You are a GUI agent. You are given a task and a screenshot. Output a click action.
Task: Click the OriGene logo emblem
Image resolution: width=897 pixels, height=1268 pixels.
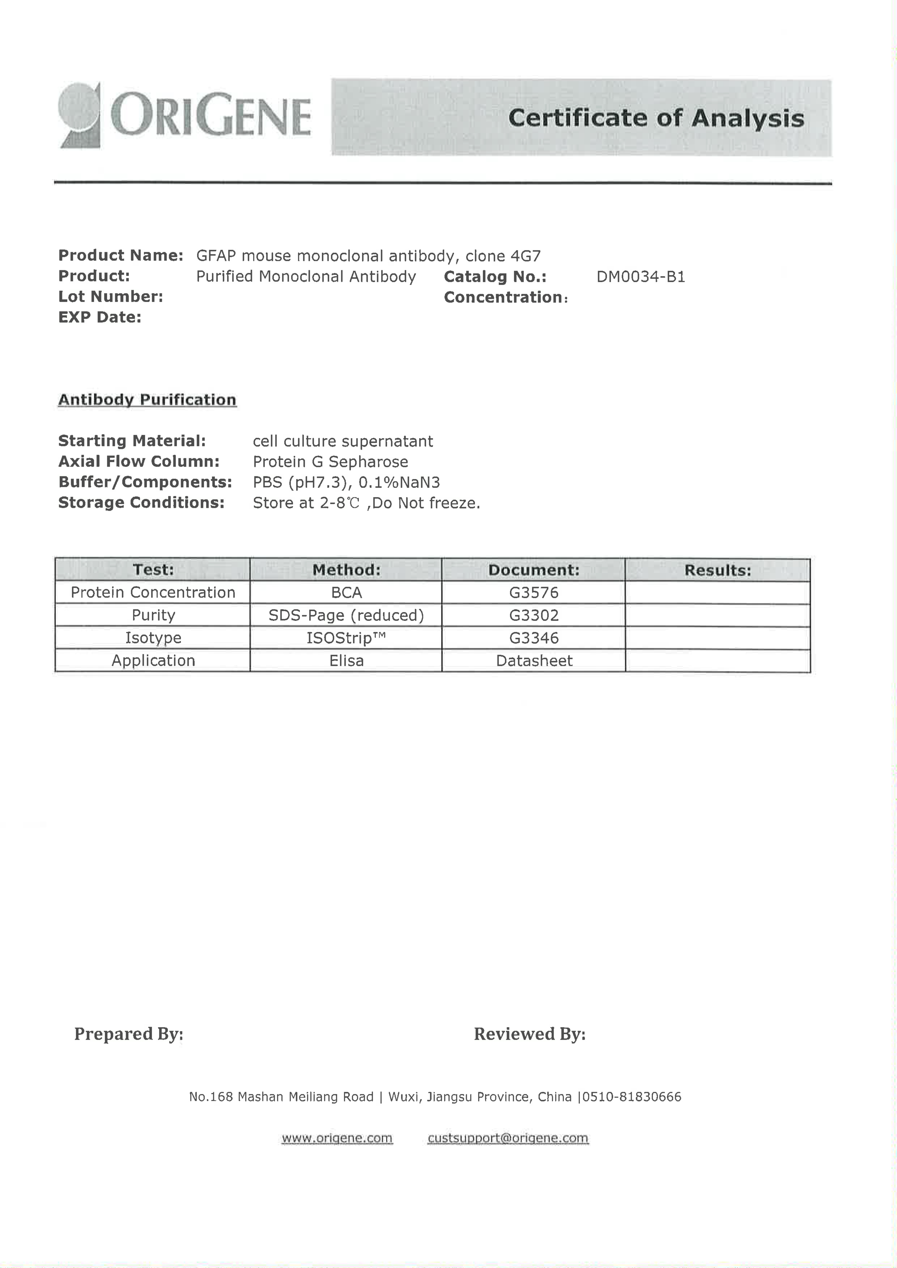80,115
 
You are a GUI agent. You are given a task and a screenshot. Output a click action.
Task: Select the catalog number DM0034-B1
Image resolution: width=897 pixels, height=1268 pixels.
640,277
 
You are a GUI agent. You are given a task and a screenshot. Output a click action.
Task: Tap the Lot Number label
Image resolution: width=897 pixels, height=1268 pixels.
111,296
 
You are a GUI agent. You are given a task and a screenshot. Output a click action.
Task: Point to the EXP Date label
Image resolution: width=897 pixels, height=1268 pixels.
99,317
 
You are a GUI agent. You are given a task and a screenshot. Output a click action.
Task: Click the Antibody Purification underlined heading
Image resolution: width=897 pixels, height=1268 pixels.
147,399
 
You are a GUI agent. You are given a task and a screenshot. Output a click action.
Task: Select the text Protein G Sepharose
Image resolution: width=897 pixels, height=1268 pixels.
330,462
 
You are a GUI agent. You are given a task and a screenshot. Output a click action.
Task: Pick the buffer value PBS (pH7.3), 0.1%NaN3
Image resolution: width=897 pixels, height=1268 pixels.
346,482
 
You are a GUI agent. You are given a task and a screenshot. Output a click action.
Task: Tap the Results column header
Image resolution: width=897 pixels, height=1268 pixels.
717,570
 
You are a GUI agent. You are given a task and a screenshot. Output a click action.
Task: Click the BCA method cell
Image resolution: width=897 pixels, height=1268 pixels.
346,593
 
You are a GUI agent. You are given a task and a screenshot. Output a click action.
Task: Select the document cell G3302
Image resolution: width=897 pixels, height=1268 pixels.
533,615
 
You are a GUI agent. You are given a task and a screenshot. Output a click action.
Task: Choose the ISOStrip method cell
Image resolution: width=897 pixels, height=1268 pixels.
346,638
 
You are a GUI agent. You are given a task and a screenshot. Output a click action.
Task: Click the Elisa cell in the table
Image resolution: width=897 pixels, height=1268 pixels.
346,660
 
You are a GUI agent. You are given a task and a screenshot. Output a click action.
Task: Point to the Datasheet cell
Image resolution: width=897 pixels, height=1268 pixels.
533,660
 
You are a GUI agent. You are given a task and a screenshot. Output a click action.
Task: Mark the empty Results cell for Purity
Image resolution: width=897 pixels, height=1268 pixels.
717,615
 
